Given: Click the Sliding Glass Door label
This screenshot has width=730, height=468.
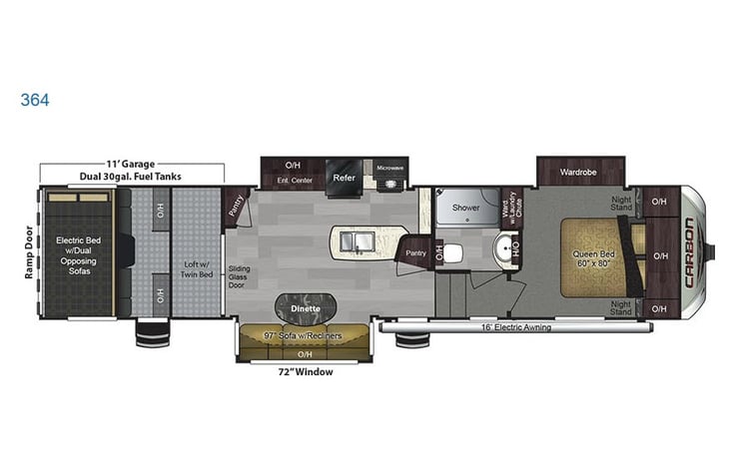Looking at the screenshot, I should (x=239, y=276).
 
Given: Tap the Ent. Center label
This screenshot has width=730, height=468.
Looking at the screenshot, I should (x=293, y=180).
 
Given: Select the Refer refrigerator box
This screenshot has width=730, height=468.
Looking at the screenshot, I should (x=345, y=178).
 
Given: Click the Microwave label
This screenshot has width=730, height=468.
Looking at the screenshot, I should (x=390, y=168).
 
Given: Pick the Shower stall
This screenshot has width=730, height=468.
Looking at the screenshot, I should (x=466, y=208).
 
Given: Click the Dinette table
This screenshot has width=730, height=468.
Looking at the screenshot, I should (x=305, y=307).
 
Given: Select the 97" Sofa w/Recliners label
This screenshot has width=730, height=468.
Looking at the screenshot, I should (x=305, y=336).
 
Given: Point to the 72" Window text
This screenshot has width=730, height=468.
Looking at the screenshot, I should (x=305, y=372).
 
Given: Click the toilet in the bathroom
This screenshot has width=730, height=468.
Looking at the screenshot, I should (x=453, y=250).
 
